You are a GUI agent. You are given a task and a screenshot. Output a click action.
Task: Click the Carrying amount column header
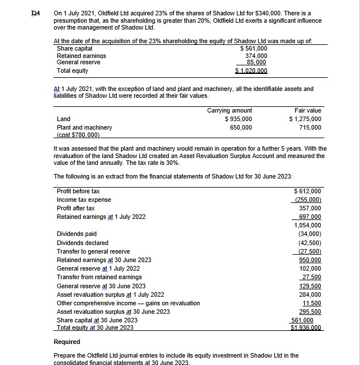tap(230, 110)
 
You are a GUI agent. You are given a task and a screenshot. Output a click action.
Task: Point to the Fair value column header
tap(308, 110)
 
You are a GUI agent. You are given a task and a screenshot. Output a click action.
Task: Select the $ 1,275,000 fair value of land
tap(305, 119)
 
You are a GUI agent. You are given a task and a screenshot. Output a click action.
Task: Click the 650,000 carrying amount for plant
tap(241, 128)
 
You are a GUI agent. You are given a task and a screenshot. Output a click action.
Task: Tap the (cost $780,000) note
tap(79, 135)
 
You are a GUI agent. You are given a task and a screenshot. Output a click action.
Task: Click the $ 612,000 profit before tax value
tap(307, 191)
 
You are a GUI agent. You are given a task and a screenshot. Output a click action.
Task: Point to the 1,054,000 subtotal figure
tap(308, 225)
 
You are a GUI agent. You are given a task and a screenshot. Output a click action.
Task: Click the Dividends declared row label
tap(83, 243)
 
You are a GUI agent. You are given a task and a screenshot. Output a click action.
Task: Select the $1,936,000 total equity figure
tap(306, 328)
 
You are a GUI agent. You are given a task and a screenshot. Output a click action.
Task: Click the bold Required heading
tap(67, 342)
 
